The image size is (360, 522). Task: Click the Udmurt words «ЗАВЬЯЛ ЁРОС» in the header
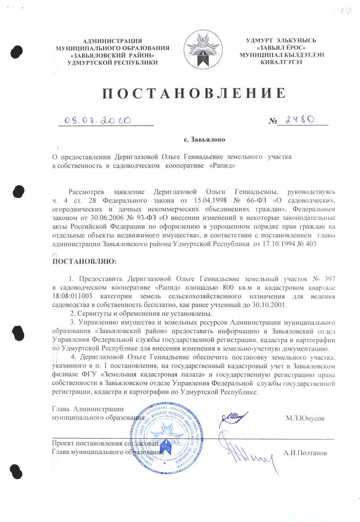[281, 48]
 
